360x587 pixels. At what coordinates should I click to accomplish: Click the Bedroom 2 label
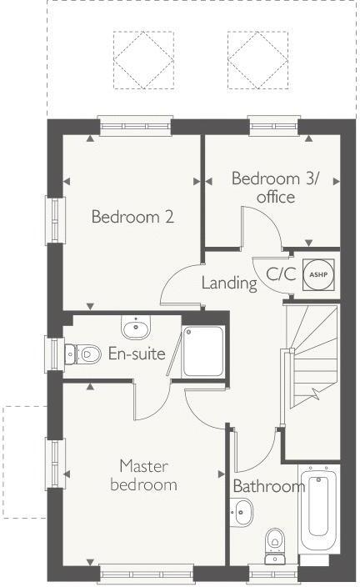tap(132, 218)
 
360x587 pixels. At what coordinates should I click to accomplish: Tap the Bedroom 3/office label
tap(275, 188)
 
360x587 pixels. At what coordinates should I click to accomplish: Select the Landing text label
tap(228, 283)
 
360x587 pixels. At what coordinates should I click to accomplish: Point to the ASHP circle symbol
tap(317, 273)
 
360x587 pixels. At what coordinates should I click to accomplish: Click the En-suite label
tap(137, 354)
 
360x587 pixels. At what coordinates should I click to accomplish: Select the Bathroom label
tap(268, 486)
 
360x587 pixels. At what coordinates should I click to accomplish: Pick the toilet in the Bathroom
tap(274, 543)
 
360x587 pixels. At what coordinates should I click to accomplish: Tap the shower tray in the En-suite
tap(202, 350)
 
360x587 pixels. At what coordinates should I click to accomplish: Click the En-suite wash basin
tap(136, 325)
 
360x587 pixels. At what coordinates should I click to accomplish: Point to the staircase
tap(312, 350)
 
